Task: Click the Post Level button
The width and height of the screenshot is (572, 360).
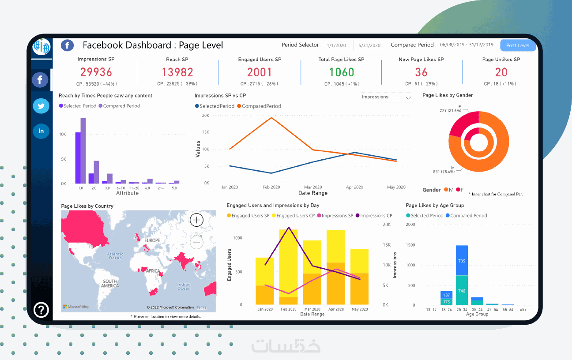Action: pyautogui.click(x=518, y=45)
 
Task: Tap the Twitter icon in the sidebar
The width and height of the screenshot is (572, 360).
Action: pyautogui.click(x=41, y=106)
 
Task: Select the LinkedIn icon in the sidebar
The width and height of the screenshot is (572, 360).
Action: pyautogui.click(x=41, y=131)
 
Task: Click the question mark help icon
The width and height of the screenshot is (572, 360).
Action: pyautogui.click(x=41, y=310)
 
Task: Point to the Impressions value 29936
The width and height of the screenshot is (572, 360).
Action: pyautogui.click(x=96, y=72)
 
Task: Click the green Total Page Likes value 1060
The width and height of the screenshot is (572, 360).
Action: pyautogui.click(x=342, y=72)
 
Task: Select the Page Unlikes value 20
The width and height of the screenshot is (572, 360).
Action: pyautogui.click(x=501, y=72)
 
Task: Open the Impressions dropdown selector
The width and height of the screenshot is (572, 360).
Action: pyautogui.click(x=386, y=97)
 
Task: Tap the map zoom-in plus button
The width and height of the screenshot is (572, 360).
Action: pyautogui.click(x=196, y=220)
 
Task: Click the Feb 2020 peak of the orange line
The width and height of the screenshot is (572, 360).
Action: pyautogui.click(x=271, y=117)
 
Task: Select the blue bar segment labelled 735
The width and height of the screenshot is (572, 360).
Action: pyautogui.click(x=462, y=261)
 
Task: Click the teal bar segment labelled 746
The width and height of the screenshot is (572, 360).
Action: pyautogui.click(x=462, y=291)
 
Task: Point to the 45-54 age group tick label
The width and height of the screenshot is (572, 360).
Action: pyautogui.click(x=493, y=310)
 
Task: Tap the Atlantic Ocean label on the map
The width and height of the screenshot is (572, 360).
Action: pyautogui.click(x=115, y=255)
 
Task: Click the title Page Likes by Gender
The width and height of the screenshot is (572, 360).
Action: pyautogui.click(x=448, y=95)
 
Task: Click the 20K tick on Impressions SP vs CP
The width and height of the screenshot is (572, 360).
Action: pyautogui.click(x=205, y=116)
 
